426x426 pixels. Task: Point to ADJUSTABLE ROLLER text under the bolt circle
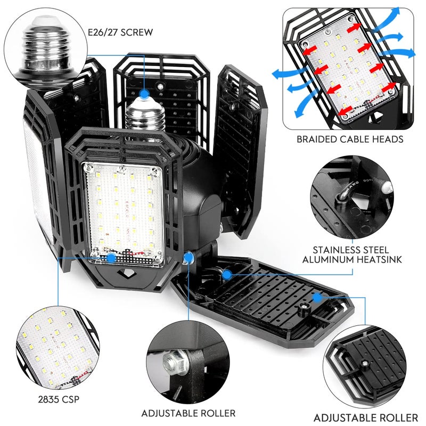point(189,413)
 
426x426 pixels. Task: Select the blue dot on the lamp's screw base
point(144,94)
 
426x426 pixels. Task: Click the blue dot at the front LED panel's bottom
point(111,258)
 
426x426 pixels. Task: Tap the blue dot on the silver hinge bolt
point(189,258)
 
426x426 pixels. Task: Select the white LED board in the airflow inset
point(347,74)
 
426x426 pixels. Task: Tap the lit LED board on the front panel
point(122,208)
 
